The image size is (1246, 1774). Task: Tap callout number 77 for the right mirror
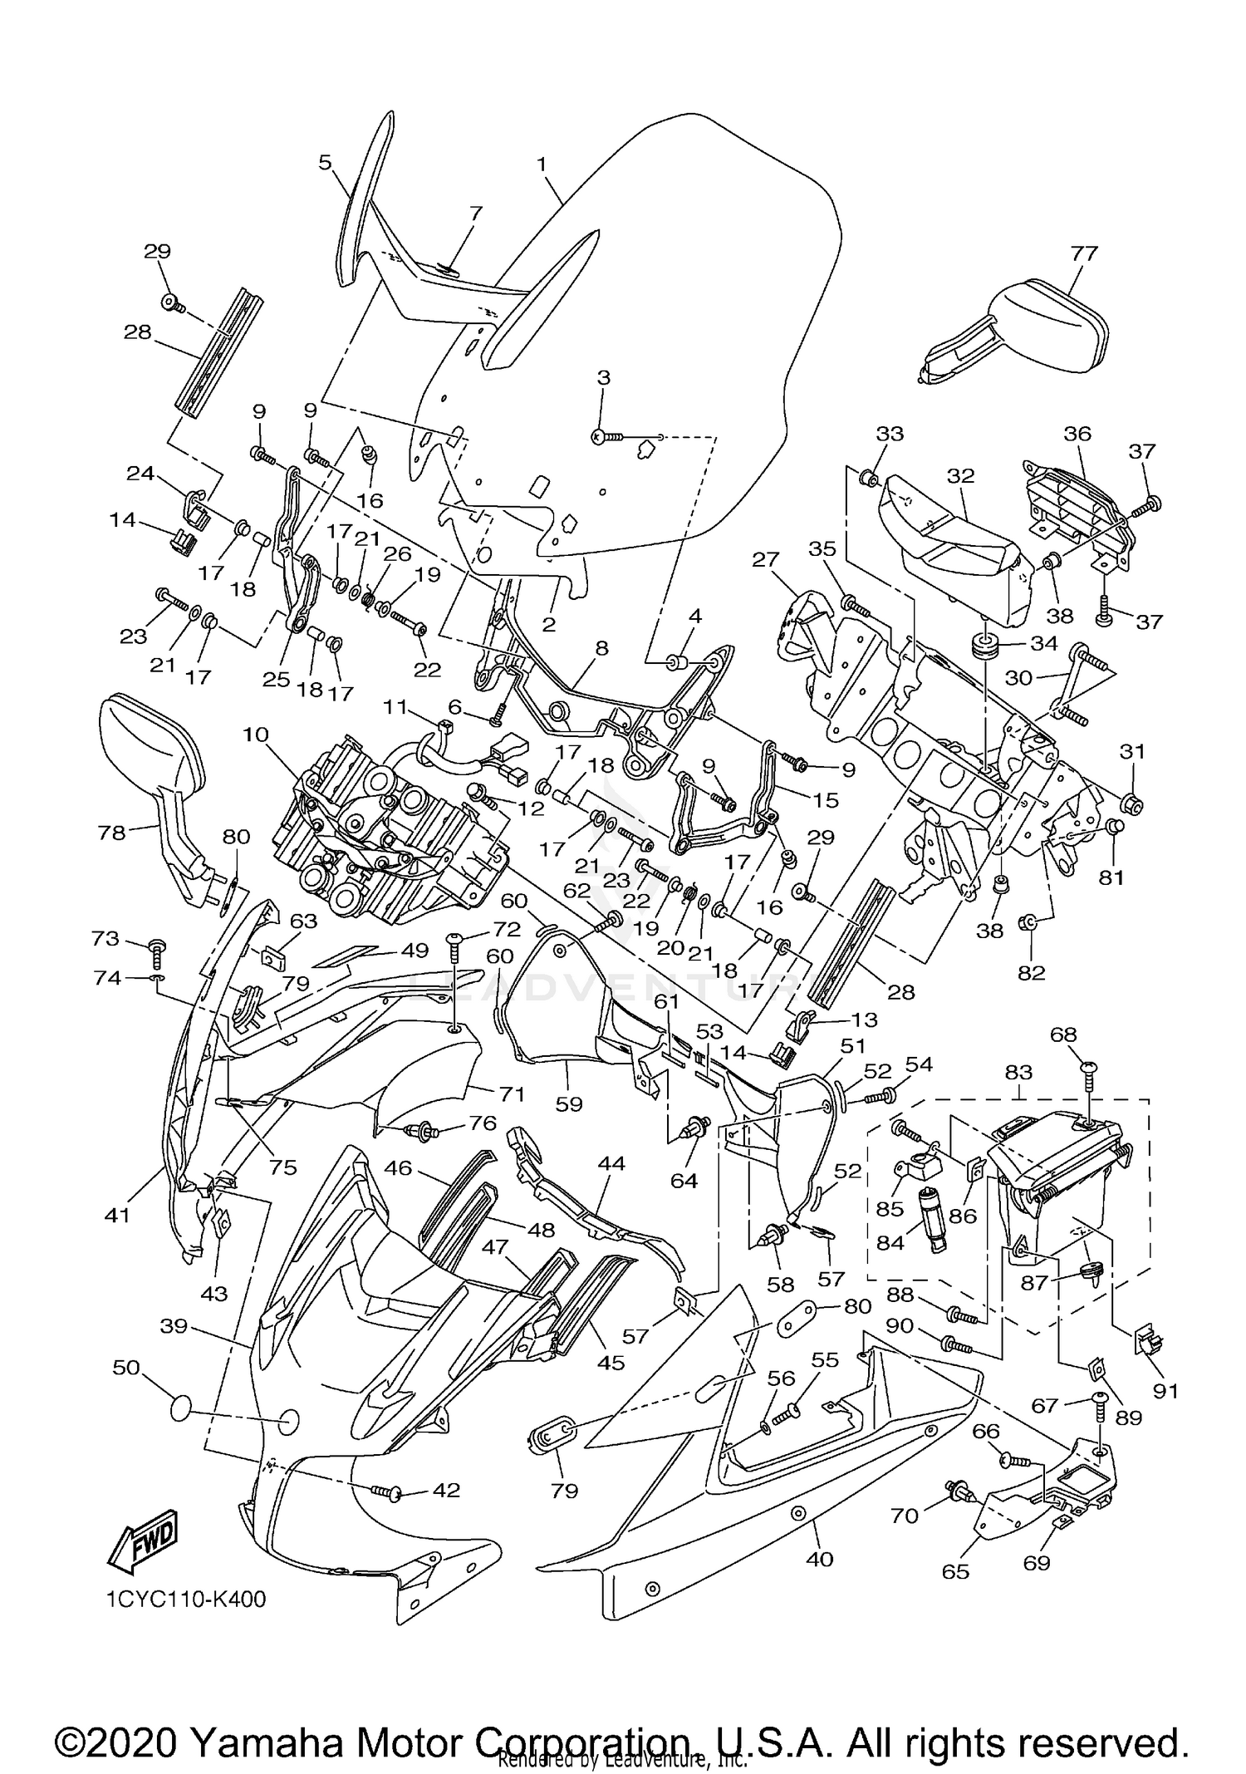(1084, 253)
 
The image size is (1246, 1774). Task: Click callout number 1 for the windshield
(542, 165)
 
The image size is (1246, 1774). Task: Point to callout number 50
(126, 1367)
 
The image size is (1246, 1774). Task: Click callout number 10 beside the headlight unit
(257, 735)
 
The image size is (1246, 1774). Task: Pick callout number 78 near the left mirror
(112, 833)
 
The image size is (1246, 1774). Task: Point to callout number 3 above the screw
(604, 378)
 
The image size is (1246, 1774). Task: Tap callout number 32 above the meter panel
(960, 476)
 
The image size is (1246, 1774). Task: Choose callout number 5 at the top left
(325, 162)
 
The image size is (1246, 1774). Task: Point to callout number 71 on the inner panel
(512, 1094)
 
